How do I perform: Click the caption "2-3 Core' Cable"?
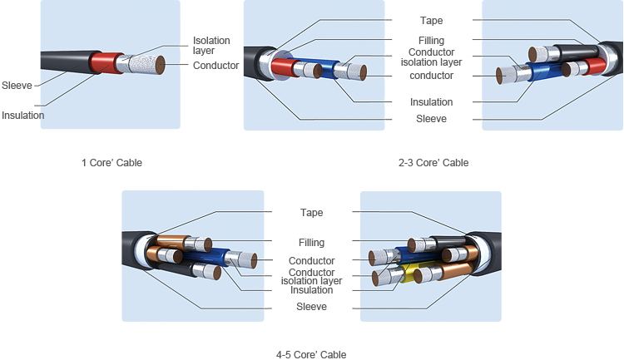(x=433, y=162)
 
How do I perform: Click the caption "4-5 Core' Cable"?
(x=311, y=354)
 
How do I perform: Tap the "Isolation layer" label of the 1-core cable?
(x=211, y=46)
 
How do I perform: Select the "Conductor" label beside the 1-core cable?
(x=215, y=66)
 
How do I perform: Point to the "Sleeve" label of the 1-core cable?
(x=17, y=86)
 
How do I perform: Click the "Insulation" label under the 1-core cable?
(x=22, y=116)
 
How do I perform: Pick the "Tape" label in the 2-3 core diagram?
(x=432, y=21)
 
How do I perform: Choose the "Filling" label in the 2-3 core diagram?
(x=431, y=41)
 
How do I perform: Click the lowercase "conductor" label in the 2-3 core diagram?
(x=431, y=76)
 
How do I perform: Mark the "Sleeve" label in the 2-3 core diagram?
(x=431, y=119)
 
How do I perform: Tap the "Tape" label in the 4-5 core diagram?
(x=311, y=213)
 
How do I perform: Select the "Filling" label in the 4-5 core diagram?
(x=311, y=243)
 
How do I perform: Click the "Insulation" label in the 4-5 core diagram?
(x=311, y=290)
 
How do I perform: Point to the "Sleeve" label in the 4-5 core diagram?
(x=311, y=307)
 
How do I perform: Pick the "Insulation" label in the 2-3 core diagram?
(x=431, y=102)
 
